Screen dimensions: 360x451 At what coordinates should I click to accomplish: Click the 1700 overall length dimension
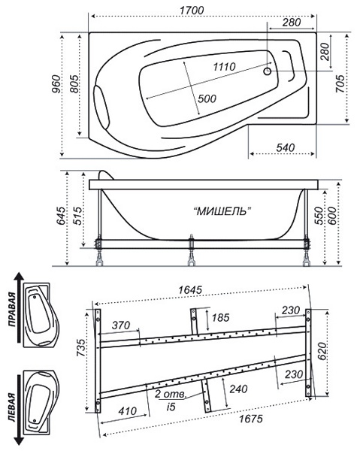point(192,11)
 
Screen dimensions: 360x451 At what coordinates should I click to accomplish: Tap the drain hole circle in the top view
point(268,71)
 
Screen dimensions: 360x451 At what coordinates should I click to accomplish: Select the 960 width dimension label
point(56,83)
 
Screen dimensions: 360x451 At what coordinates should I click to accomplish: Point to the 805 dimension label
point(74,83)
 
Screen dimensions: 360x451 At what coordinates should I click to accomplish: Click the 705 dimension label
point(340,83)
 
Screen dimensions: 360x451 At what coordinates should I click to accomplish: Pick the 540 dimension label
point(286,147)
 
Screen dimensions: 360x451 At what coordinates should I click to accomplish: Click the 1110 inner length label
point(224,67)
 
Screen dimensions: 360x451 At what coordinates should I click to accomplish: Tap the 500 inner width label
point(207,98)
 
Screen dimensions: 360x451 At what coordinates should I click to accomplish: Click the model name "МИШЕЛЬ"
point(222,211)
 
